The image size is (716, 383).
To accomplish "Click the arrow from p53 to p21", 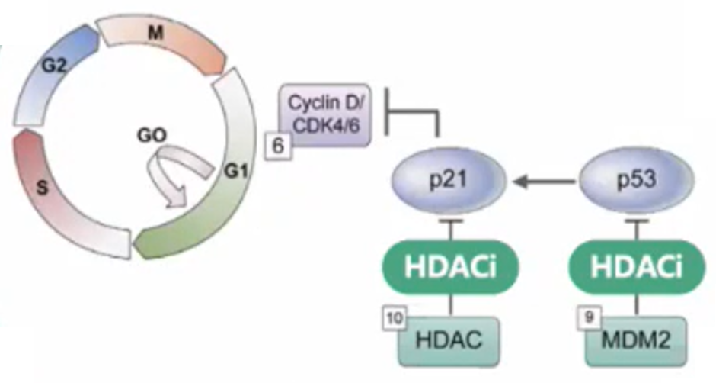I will pyautogui.click(x=545, y=182).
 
